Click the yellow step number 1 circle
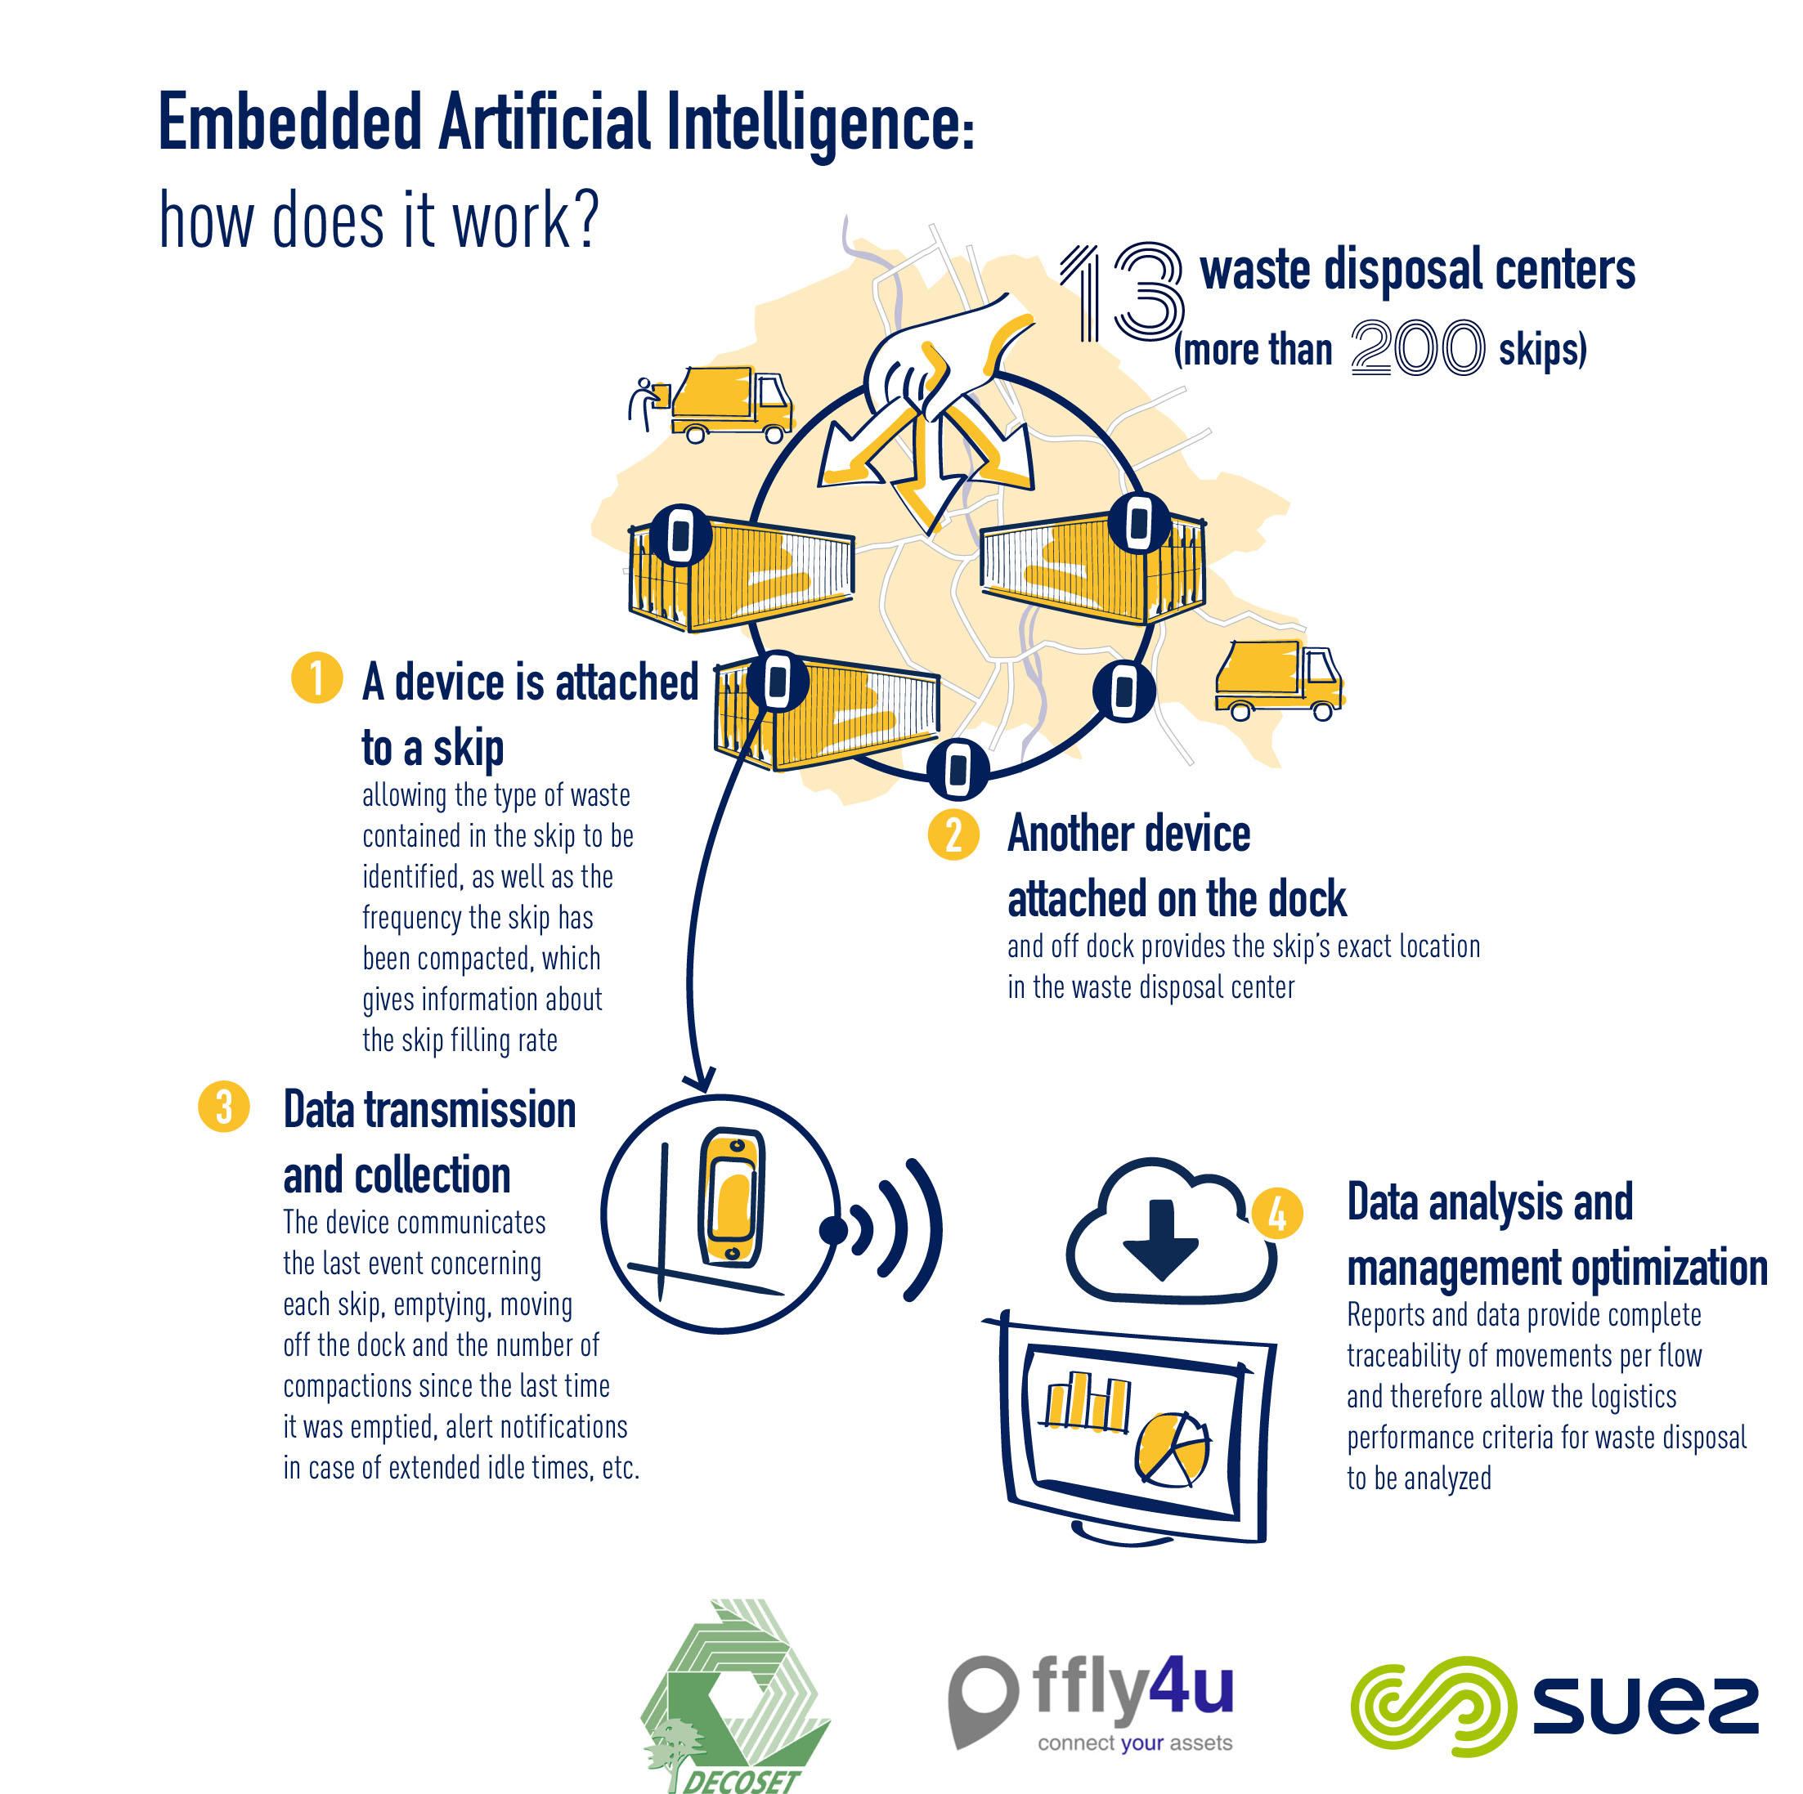[x=316, y=678]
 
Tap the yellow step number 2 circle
[x=953, y=834]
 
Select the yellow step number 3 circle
[x=224, y=1107]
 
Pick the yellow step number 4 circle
[x=1276, y=1213]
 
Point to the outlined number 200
[x=1415, y=348]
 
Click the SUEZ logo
[x=1554, y=1706]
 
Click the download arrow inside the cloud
[x=1160, y=1238]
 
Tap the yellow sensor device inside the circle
[x=733, y=1197]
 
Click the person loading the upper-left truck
[x=645, y=402]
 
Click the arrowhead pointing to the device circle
[x=701, y=1080]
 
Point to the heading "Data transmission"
[x=429, y=1110]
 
